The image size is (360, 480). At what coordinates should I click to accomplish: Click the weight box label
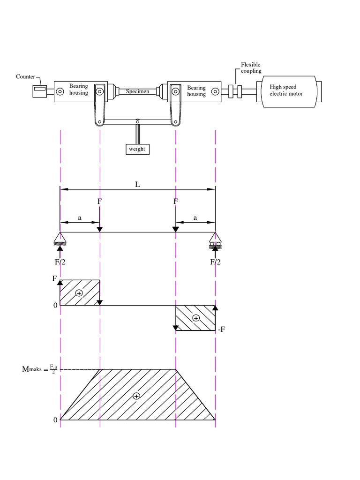coord(137,149)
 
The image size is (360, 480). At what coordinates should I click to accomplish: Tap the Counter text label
coord(25,76)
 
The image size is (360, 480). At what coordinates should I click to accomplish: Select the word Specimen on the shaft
coord(137,91)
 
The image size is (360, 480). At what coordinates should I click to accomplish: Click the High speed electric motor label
coord(286,90)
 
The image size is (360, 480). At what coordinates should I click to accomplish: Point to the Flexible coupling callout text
coord(251,68)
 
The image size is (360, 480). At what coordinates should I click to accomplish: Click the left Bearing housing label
coord(78,90)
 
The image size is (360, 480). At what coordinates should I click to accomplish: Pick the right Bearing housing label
coord(196,91)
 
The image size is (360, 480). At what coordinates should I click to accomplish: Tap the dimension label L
coord(138,184)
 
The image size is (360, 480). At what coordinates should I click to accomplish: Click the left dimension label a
coord(80,218)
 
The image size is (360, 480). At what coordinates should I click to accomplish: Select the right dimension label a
coord(195,218)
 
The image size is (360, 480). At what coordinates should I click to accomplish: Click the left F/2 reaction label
coord(60,262)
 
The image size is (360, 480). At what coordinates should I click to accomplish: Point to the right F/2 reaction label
coord(215,262)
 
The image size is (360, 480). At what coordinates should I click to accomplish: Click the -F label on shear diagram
coord(222,330)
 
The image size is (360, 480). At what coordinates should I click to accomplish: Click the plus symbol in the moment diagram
coord(136,396)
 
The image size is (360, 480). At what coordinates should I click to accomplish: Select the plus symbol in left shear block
coord(79,293)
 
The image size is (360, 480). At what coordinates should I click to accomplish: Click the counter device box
coord(39,90)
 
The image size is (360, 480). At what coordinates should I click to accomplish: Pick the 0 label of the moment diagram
coord(55,420)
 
